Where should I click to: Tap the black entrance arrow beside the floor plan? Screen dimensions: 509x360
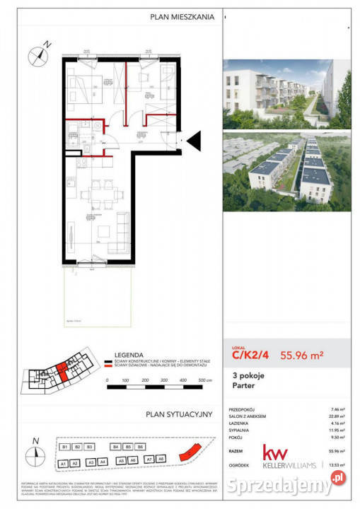pyautogui.click(x=193, y=141)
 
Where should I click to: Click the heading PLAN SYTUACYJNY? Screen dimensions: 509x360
pyautogui.click(x=179, y=416)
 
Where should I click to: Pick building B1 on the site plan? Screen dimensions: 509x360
pyautogui.click(x=64, y=447)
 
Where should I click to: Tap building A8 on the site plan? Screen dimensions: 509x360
pyautogui.click(x=161, y=460)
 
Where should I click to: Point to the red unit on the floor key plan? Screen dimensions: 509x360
pyautogui.click(x=63, y=370)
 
